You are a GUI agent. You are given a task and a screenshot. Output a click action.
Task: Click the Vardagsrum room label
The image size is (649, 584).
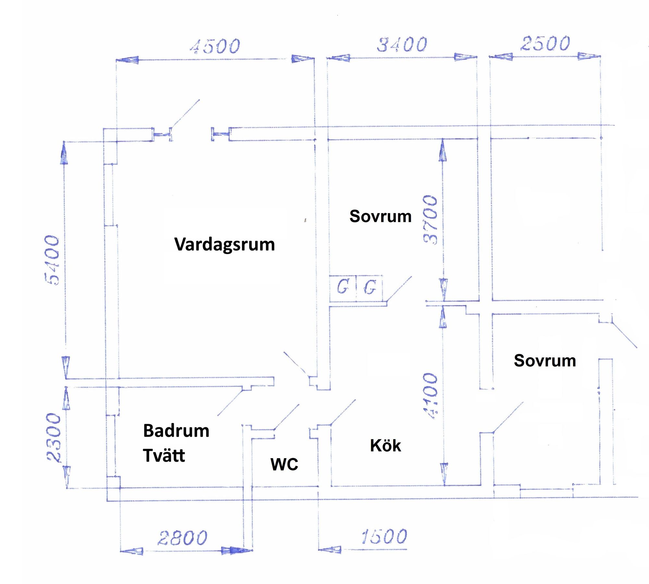pos(225,244)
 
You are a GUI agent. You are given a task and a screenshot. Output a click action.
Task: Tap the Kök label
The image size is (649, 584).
pos(386,446)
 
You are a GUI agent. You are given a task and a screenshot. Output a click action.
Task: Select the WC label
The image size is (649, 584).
pos(284,464)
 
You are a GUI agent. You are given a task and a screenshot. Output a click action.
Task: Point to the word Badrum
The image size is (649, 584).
pos(176,431)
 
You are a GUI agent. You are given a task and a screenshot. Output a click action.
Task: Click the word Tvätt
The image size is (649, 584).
pos(164,455)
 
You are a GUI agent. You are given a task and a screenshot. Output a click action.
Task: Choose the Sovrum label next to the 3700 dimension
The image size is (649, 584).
pos(380,216)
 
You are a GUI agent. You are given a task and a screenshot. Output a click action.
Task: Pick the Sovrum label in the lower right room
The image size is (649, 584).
pos(545,361)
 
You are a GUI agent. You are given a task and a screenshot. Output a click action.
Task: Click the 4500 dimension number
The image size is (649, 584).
pos(215,46)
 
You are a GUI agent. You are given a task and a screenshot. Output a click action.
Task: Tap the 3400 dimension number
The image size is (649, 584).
pos(402,45)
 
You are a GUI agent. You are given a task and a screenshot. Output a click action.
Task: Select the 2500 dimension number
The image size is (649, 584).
pos(545,43)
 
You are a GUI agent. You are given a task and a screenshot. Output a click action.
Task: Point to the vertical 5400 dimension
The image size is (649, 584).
pos(53,260)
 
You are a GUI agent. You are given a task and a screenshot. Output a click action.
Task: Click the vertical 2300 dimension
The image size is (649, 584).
pos(54,437)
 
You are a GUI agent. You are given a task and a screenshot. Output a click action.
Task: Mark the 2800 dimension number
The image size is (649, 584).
pos(182,538)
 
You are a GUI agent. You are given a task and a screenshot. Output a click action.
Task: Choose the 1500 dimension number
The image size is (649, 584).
pos(384,537)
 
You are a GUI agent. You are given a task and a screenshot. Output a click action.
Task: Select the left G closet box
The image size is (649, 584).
pos(343,287)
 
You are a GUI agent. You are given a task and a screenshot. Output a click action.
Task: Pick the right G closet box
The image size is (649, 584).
pos(370,287)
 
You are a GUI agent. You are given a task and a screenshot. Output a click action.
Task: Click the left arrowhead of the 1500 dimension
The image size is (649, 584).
pos(330,549)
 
